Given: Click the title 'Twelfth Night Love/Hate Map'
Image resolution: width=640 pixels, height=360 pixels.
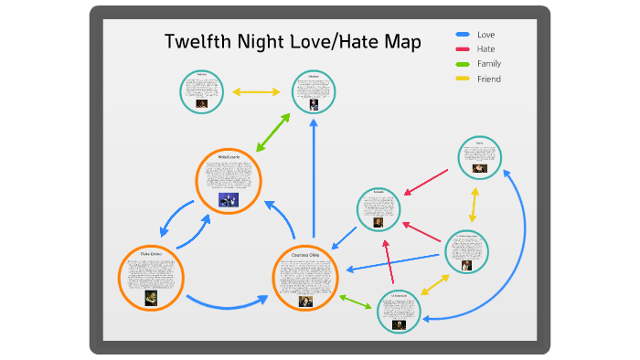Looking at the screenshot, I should click(293, 42).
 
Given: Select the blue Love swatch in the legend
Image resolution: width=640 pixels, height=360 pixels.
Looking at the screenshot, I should click(462, 35).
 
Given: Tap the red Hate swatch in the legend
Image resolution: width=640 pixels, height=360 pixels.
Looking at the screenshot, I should click(462, 49).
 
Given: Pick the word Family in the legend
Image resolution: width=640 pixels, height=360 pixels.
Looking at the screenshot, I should click(488, 64).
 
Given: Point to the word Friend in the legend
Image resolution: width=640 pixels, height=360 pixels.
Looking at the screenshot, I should click(488, 79).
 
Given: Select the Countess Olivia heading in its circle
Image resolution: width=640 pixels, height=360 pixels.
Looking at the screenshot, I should click(306, 255).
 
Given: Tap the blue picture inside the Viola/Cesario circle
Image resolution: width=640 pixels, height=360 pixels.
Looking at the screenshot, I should click(228, 200).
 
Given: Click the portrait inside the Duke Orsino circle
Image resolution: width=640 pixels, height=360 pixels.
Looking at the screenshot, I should click(151, 297).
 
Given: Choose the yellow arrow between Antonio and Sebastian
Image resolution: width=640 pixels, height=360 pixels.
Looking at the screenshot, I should click(256, 92).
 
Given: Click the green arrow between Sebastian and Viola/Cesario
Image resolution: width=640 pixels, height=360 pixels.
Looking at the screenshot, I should click(273, 132).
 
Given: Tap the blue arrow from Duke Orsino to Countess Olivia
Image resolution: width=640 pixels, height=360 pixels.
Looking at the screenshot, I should click(229, 303).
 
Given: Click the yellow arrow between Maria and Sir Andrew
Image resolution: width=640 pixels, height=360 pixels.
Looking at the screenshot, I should click(473, 205).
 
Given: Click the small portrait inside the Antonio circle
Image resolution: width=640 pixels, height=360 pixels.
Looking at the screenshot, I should click(202, 103).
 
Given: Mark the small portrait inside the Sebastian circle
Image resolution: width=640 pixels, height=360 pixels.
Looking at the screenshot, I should click(314, 104).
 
